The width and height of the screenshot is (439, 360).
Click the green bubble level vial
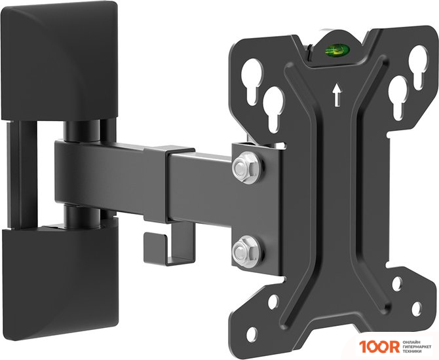click(337, 50)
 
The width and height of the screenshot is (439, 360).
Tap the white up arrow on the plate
click(337, 95)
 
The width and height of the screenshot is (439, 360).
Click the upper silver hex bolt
click(246, 168)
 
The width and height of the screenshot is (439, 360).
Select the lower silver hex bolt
click(246, 251)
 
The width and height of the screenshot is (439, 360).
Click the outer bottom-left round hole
click(252, 334)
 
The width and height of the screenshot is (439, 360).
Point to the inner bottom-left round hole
click(273, 302)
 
